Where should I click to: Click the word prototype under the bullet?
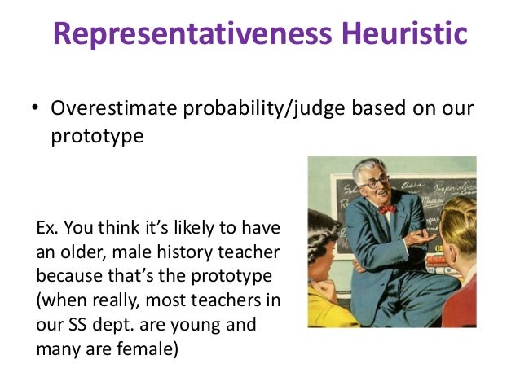point(97,135)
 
